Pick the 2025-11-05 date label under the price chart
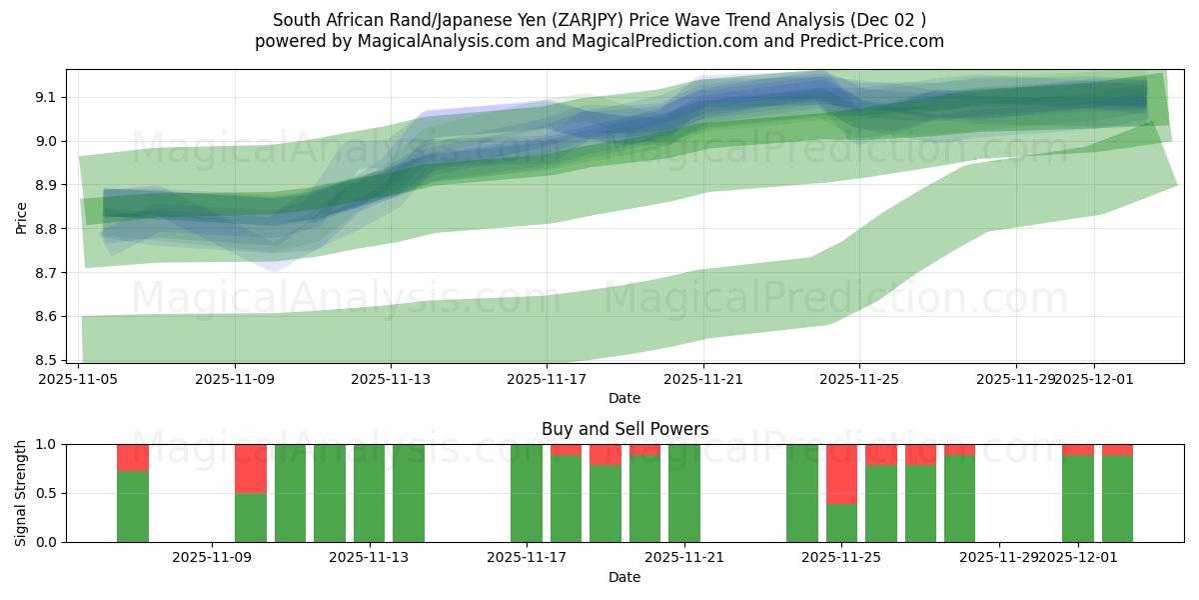pos(79,380)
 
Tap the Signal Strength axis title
pos(22,493)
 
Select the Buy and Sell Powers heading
pos(624,429)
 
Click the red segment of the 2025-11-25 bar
pos(841,474)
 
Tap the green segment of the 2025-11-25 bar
pos(841,523)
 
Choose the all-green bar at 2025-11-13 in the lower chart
pos(370,493)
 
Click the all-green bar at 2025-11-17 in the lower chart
pos(527,493)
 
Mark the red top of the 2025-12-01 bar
pos(1078,450)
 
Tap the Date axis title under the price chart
pos(624,398)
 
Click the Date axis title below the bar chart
pos(624,577)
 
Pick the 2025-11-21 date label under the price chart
pos(703,380)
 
